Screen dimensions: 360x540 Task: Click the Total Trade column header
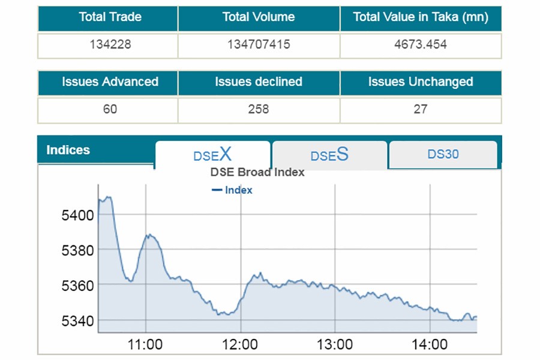pyautogui.click(x=108, y=17)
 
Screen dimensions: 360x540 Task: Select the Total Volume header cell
pyautogui.click(x=259, y=17)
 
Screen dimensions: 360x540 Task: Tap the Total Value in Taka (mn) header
pyautogui.click(x=420, y=17)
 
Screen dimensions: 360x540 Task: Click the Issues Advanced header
pyautogui.click(x=108, y=82)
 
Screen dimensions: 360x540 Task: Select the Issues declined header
pyautogui.click(x=259, y=82)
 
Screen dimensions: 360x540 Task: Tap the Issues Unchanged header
pyautogui.click(x=420, y=82)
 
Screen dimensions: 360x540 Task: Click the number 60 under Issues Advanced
pyautogui.click(x=109, y=109)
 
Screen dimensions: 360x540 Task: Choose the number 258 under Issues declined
pyautogui.click(x=259, y=109)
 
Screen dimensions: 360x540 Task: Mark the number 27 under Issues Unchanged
pyautogui.click(x=420, y=109)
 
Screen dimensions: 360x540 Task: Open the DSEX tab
pyautogui.click(x=212, y=155)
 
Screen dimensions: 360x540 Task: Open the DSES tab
pyautogui.click(x=329, y=155)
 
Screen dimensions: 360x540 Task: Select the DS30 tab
pyautogui.click(x=443, y=154)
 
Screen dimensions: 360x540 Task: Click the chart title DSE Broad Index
pyautogui.click(x=257, y=173)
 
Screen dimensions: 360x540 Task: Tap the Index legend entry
pyautogui.click(x=233, y=190)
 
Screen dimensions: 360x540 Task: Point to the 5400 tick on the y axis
pyautogui.click(x=77, y=215)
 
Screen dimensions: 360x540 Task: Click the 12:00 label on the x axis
pyautogui.click(x=240, y=344)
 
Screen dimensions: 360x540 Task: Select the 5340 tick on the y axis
pyautogui.click(x=77, y=321)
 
